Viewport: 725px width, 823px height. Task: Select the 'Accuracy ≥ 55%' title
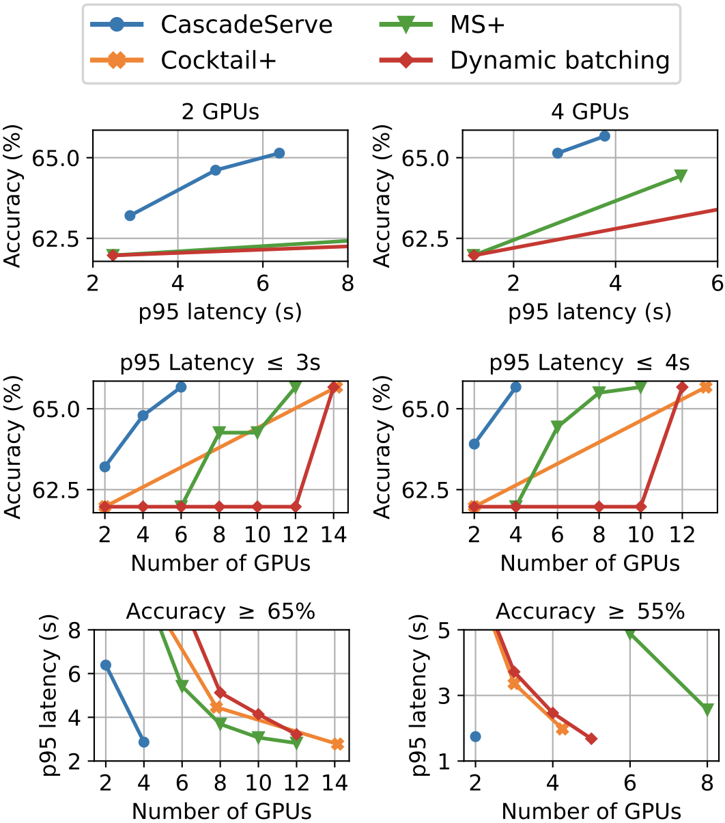(x=590, y=610)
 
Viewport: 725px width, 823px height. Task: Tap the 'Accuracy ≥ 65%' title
(x=221, y=610)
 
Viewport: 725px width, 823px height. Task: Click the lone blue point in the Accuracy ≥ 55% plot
(x=475, y=736)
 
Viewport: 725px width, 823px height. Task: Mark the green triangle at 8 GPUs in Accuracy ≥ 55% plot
(x=707, y=710)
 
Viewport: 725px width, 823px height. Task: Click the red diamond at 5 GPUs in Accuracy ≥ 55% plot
(x=591, y=739)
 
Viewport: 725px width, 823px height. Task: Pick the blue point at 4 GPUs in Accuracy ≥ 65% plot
(x=143, y=742)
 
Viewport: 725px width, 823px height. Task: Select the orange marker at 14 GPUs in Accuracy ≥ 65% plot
(x=337, y=744)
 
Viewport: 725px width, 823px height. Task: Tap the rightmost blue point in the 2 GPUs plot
(x=279, y=153)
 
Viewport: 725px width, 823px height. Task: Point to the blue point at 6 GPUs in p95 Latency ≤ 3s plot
(x=181, y=387)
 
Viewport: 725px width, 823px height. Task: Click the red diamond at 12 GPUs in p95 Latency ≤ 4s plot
(x=682, y=387)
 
